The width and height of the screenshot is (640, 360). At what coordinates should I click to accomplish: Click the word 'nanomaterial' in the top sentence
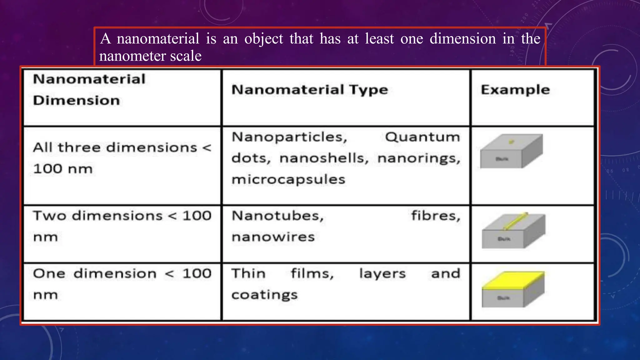pyautogui.click(x=158, y=39)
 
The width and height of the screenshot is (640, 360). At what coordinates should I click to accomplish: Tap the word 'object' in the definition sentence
pyautogui.click(x=264, y=39)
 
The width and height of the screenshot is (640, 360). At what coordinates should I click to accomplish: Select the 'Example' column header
pyautogui.click(x=515, y=90)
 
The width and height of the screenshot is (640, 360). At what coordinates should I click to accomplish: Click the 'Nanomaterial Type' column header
pyautogui.click(x=309, y=90)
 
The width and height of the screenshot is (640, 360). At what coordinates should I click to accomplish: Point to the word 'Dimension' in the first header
pyautogui.click(x=76, y=101)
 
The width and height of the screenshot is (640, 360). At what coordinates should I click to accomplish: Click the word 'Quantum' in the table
pyautogui.click(x=422, y=137)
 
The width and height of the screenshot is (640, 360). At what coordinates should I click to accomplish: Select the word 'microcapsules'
pyautogui.click(x=288, y=180)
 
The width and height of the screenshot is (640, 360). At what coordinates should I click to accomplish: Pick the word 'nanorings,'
pyautogui.click(x=419, y=158)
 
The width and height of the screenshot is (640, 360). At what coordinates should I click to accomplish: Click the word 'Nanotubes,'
pyautogui.click(x=277, y=216)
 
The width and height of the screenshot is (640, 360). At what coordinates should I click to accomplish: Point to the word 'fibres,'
pyautogui.click(x=436, y=216)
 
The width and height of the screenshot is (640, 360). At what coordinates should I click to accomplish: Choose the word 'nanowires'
pyautogui.click(x=273, y=237)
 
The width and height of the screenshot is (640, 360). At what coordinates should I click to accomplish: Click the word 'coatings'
pyautogui.click(x=264, y=295)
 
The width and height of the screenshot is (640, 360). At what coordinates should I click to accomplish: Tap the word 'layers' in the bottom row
pyautogui.click(x=382, y=274)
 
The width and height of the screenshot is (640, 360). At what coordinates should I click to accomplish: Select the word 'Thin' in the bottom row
pyautogui.click(x=248, y=274)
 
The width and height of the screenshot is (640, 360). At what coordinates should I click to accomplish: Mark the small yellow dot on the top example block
pyautogui.click(x=511, y=142)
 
